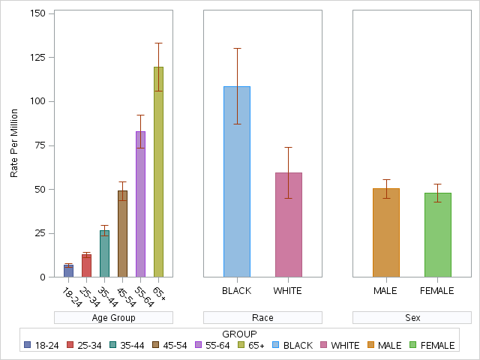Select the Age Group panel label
pyautogui.click(x=113, y=318)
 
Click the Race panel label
pyautogui.click(x=262, y=318)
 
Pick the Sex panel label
pyautogui.click(x=412, y=318)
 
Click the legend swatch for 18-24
pyautogui.click(x=28, y=346)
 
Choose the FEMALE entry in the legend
pyautogui.click(x=437, y=346)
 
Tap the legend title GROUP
pyautogui.click(x=240, y=334)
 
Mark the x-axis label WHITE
pyautogui.click(x=288, y=290)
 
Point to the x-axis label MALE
pyautogui.click(x=386, y=290)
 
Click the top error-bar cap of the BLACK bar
pyautogui.click(x=237, y=48)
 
